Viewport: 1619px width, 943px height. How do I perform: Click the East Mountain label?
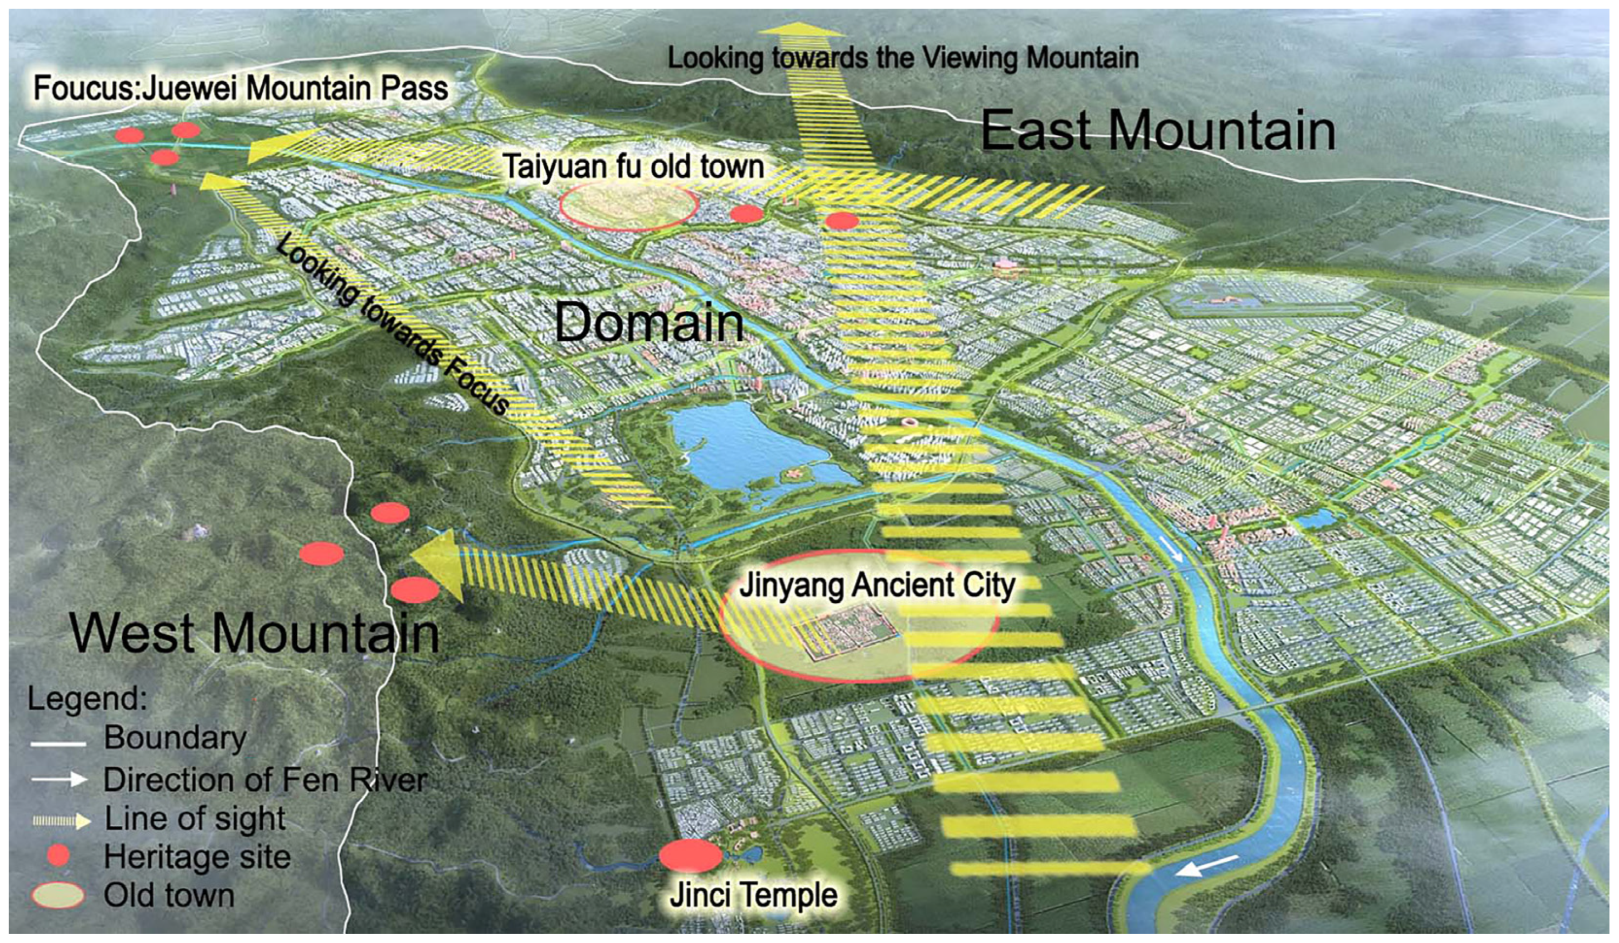pyautogui.click(x=1158, y=130)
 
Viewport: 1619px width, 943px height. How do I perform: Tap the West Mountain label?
pyautogui.click(x=255, y=633)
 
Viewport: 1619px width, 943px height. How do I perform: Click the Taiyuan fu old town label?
pyautogui.click(x=633, y=167)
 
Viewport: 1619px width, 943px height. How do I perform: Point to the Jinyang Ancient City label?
pyautogui.click(x=877, y=586)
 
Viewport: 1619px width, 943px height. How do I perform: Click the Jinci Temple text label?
pyautogui.click(x=754, y=895)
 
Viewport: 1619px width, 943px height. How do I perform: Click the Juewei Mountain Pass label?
pyautogui.click(x=241, y=88)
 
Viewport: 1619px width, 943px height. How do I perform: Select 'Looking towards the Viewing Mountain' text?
pyautogui.click(x=903, y=58)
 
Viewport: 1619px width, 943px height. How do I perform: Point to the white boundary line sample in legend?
pyautogui.click(x=58, y=744)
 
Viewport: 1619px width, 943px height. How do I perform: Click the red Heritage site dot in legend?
pyautogui.click(x=58, y=855)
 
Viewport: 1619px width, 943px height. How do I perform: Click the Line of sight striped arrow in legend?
pyautogui.click(x=61, y=820)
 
